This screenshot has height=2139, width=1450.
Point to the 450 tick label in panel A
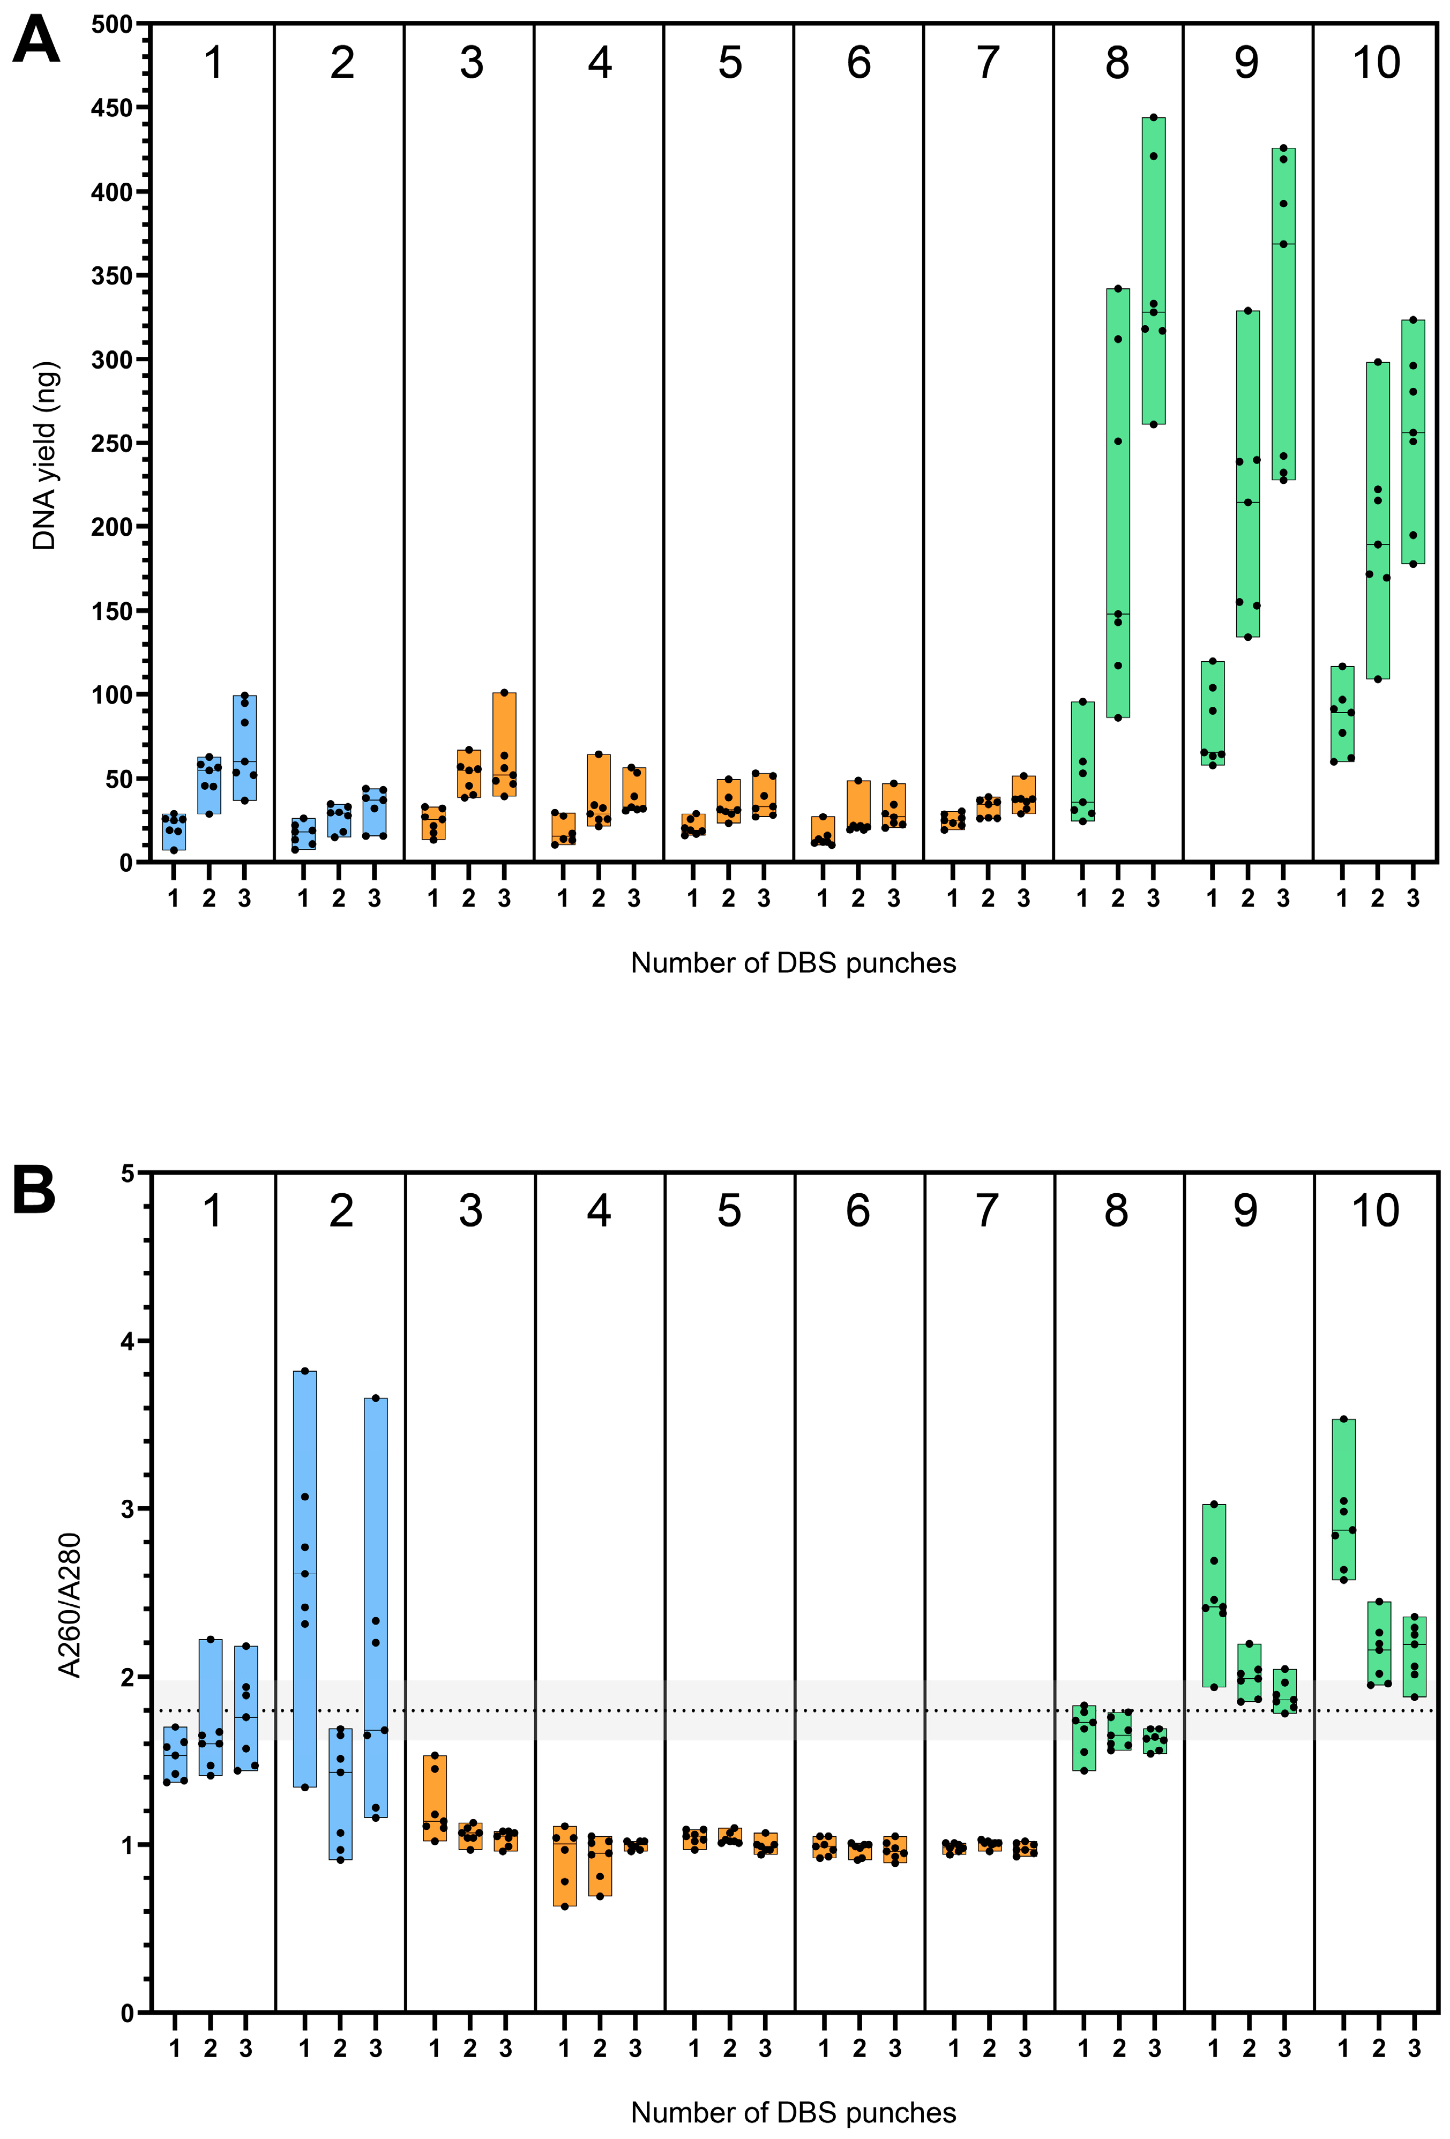point(111,109)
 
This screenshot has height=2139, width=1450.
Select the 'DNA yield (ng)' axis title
point(44,455)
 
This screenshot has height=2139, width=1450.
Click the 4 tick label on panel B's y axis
point(127,1341)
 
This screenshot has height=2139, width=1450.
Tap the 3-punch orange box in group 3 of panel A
point(504,744)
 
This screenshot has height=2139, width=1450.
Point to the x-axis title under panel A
point(793,963)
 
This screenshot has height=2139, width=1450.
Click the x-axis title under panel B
point(793,2112)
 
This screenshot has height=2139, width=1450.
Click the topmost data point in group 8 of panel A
point(1154,118)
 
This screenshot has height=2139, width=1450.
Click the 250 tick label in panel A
point(111,444)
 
